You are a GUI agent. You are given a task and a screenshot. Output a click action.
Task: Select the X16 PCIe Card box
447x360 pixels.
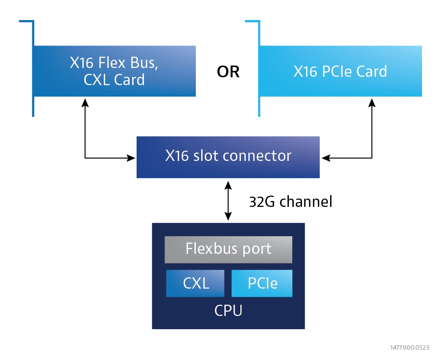(341, 71)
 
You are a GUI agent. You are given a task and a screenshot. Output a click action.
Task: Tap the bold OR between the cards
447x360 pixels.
(228, 71)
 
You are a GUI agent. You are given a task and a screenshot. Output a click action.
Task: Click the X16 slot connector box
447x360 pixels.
(228, 157)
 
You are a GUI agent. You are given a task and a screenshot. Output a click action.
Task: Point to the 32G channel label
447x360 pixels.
(290, 202)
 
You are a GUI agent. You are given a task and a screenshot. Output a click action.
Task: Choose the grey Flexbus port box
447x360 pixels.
(228, 249)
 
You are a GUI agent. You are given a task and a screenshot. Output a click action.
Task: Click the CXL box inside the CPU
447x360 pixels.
(195, 283)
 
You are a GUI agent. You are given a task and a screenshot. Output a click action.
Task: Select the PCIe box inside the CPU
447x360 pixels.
(262, 283)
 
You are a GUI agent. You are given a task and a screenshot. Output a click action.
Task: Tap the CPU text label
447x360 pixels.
(228, 310)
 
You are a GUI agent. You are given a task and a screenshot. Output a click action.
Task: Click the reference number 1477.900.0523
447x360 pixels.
(410, 347)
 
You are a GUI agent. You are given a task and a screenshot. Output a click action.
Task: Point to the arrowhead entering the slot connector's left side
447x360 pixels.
(131, 158)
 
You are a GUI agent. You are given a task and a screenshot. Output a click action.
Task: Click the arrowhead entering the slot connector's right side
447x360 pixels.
(326, 158)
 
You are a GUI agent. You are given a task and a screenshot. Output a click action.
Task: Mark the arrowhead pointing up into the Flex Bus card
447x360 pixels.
(85, 103)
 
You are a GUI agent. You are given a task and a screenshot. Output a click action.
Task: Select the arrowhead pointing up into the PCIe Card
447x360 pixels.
(372, 103)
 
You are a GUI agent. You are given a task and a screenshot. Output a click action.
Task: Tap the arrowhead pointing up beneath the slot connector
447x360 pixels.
(228, 185)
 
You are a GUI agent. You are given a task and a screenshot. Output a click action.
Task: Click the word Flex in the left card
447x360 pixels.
(112, 63)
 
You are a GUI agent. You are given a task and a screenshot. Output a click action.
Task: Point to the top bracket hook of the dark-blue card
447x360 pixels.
(26, 21)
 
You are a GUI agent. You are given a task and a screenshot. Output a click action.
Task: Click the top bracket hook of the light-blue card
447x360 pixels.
(253, 21)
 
